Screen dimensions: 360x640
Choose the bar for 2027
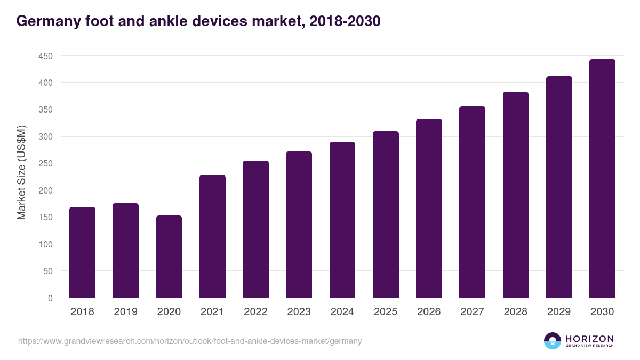[x=472, y=202]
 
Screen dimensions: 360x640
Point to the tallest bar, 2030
[x=602, y=179]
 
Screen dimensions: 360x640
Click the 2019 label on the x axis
[x=126, y=311]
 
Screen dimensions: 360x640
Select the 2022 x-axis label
[x=255, y=311]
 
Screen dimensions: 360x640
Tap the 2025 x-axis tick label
[x=386, y=311]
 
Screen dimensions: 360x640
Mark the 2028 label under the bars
[x=516, y=311]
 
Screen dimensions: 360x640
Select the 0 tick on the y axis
[x=50, y=298]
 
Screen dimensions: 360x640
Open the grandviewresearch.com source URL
[x=190, y=341]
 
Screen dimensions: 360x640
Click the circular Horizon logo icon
[x=553, y=341]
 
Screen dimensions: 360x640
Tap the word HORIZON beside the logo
[x=589, y=339]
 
